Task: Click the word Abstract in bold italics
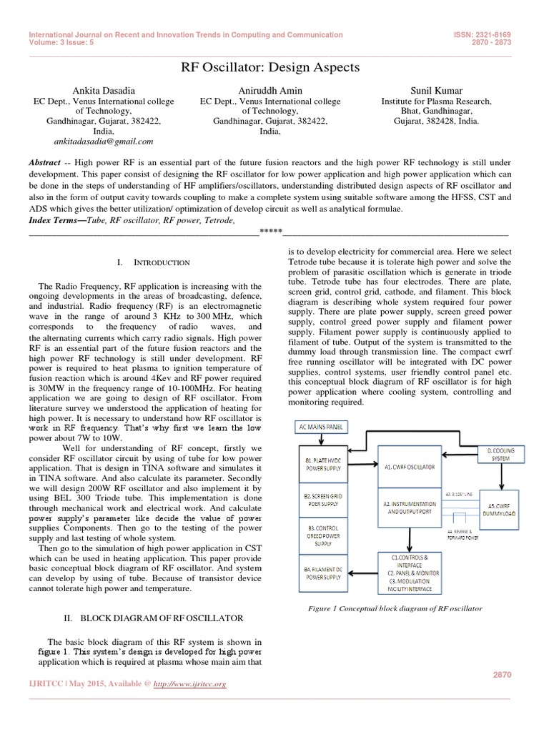44,163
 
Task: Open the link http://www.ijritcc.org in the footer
192,684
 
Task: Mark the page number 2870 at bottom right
503,674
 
